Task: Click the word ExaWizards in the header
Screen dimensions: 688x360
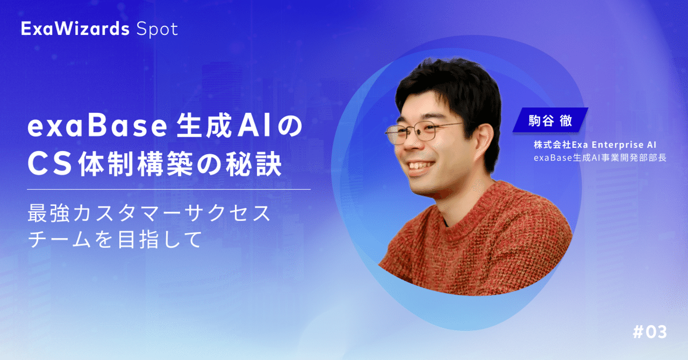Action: point(75,29)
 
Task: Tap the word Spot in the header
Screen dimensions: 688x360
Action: point(157,30)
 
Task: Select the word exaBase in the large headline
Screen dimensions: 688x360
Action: point(97,127)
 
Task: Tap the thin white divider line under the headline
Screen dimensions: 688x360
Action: point(169,190)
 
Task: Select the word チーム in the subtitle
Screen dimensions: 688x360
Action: point(59,239)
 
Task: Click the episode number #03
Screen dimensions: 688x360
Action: point(650,332)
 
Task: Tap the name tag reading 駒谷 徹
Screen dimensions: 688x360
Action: point(550,120)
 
